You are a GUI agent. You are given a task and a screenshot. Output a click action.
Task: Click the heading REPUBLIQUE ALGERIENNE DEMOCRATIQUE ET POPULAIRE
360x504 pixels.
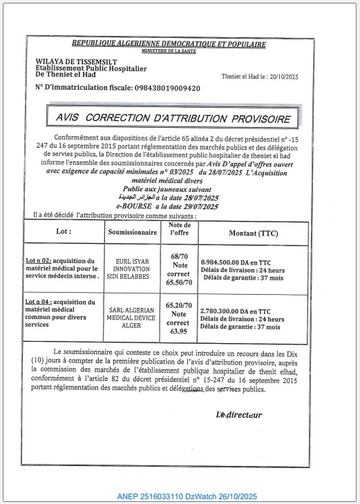pos(168,44)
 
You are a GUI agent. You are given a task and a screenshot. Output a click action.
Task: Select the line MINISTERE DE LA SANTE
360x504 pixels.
pos(168,51)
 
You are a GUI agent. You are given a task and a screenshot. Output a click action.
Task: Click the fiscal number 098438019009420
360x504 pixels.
pos(157,88)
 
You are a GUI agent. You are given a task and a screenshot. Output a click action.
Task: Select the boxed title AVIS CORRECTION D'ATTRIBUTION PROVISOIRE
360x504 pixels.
pos(172,119)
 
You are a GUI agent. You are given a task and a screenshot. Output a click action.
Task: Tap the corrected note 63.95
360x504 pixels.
pos(179,331)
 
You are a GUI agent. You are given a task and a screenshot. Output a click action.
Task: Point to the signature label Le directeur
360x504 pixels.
pos(239,414)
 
